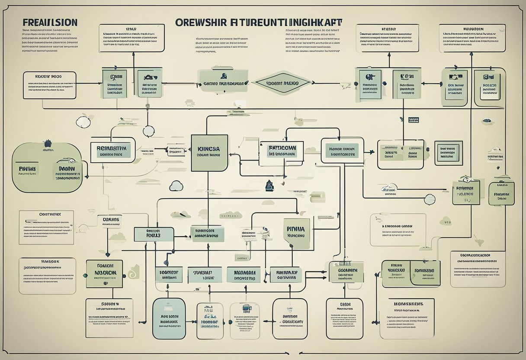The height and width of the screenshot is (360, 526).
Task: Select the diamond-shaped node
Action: (x=282, y=83)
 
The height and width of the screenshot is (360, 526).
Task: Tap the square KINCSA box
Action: (x=209, y=153)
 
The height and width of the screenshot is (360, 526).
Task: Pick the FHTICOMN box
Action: (x=282, y=150)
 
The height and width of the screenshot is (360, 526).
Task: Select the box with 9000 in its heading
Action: (x=49, y=85)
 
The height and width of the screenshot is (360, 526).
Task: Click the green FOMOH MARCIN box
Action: (x=104, y=273)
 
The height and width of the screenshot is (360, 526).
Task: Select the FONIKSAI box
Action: (x=424, y=273)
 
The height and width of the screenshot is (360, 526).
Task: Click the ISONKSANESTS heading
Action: (x=405, y=304)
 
